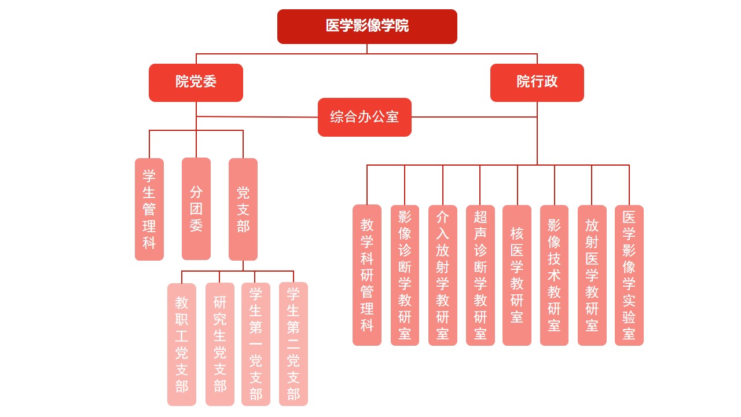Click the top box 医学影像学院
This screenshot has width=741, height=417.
pyautogui.click(x=367, y=26)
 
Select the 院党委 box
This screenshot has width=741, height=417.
pyautogui.click(x=196, y=82)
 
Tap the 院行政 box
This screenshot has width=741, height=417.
pyautogui.click(x=537, y=82)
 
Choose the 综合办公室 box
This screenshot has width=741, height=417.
pyautogui.click(x=364, y=117)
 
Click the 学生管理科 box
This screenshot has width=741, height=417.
pyautogui.click(x=149, y=209)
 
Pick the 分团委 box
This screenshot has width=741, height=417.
pyautogui.click(x=196, y=209)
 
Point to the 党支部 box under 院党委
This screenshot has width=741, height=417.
pyautogui.click(x=243, y=209)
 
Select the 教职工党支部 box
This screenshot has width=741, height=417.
pyautogui.click(x=182, y=344)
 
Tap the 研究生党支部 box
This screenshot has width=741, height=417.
pyautogui.click(x=220, y=344)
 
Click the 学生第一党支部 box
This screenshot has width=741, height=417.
pyautogui.click(x=256, y=344)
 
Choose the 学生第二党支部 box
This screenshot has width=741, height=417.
pyautogui.click(x=294, y=344)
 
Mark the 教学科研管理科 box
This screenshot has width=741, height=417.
pyautogui.click(x=367, y=275)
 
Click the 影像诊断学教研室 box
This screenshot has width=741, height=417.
pyautogui.click(x=405, y=275)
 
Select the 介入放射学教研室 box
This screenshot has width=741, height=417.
pyautogui.click(x=443, y=275)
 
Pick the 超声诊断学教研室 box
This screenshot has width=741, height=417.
pyautogui.click(x=480, y=275)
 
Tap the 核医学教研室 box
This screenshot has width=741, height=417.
pyautogui.click(x=517, y=275)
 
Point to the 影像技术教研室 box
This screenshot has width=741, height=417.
pyautogui.click(x=554, y=275)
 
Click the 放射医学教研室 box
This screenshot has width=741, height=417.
pyautogui.click(x=592, y=275)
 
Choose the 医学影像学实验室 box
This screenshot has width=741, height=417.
pyautogui.click(x=629, y=275)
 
